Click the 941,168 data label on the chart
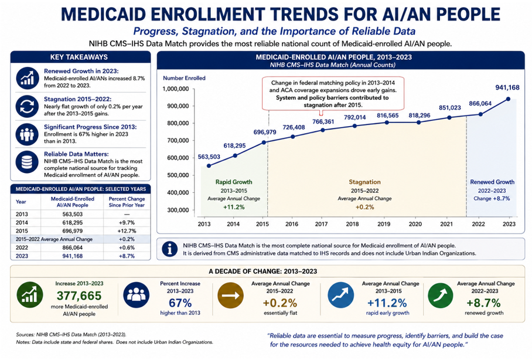click(507, 87)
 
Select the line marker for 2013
click(209, 166)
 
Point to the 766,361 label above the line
click(323, 121)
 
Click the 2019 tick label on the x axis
click(384, 224)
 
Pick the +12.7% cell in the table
click(127, 231)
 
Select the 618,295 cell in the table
click(72, 223)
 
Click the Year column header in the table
click(21, 202)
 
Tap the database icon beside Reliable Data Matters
click(27, 162)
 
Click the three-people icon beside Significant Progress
click(27, 134)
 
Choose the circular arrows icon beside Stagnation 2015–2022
click(27, 106)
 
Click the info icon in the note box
click(170, 249)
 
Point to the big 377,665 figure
click(79, 296)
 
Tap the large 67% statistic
click(180, 303)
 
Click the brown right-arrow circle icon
click(230, 296)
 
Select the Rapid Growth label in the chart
click(234, 182)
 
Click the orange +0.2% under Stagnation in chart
click(365, 207)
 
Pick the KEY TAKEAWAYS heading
click(79, 57)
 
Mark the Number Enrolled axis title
click(184, 78)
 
